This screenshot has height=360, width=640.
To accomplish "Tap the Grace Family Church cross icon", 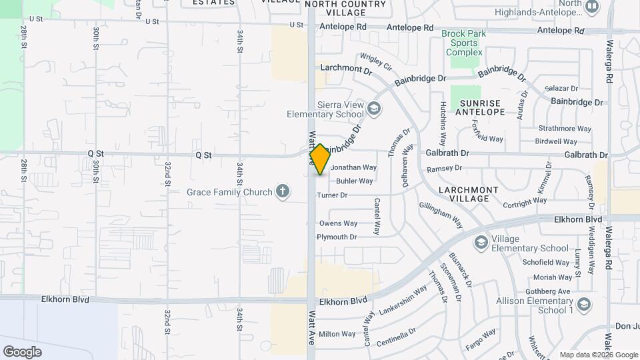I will [283, 192].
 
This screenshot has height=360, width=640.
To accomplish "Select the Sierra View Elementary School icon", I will [375, 107].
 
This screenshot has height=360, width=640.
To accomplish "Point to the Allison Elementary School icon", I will [584, 305].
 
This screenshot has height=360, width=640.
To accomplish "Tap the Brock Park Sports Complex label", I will [463, 43].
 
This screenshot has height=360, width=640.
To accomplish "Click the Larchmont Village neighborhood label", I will [469, 194].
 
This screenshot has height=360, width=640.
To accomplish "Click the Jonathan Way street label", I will [354, 168].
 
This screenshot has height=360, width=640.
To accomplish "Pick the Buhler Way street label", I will [355, 181].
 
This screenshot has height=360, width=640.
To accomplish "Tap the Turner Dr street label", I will [332, 195].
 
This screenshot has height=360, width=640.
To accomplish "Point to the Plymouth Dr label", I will [337, 237].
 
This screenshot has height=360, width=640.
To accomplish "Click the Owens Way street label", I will [338, 223].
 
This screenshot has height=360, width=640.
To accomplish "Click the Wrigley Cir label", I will [375, 62].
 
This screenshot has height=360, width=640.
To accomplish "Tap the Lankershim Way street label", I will [403, 300].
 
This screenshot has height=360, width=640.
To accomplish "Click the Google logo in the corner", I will [22, 352].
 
